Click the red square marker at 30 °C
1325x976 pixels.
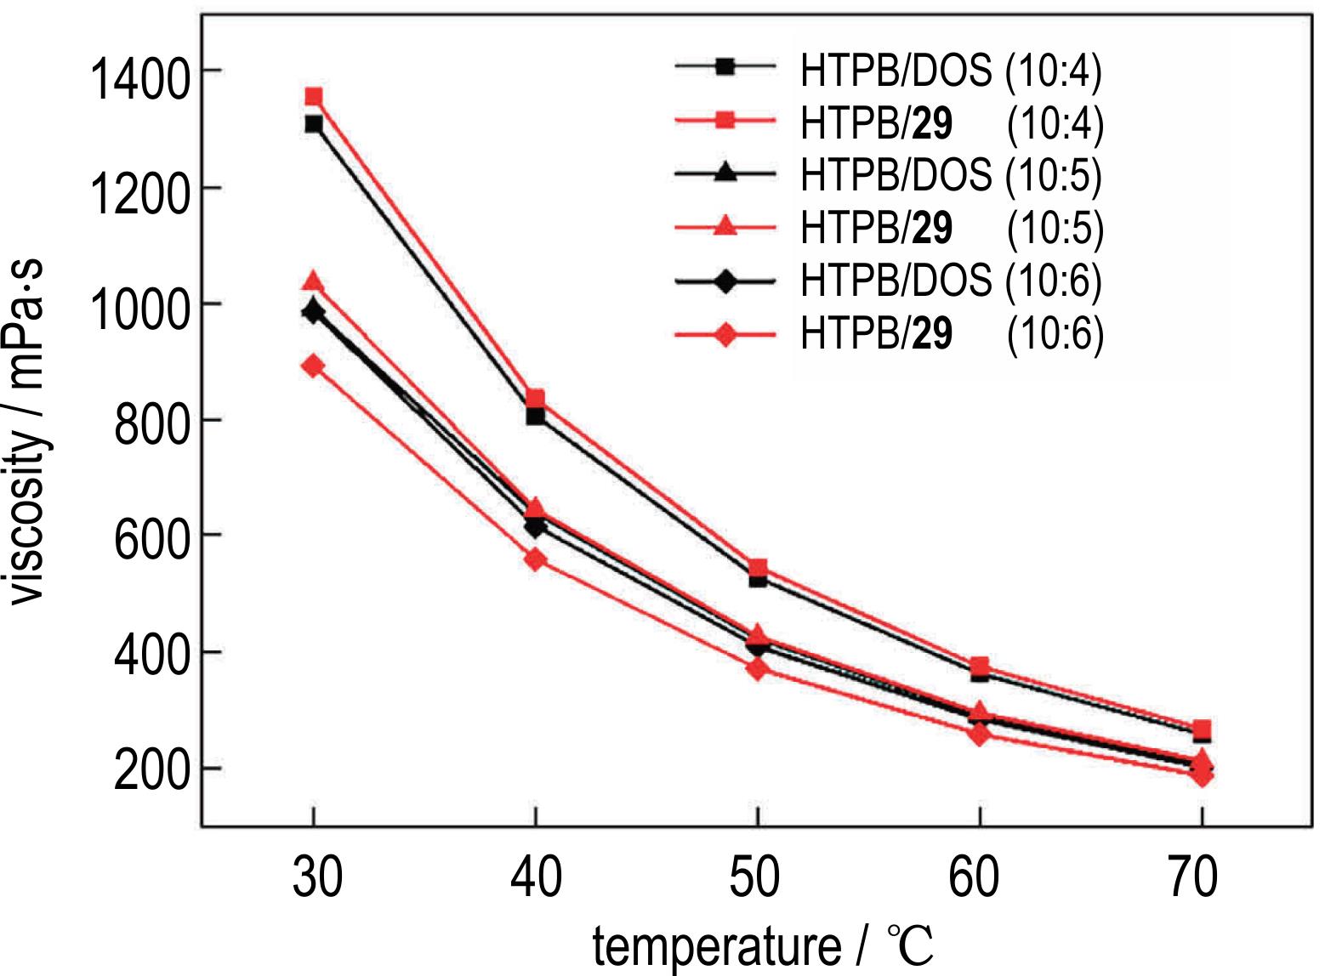314,96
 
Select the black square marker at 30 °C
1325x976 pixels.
314,124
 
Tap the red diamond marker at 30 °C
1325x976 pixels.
314,366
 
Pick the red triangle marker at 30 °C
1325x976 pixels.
314,282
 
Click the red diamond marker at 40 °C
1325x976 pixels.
535,559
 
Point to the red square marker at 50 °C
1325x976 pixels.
758,567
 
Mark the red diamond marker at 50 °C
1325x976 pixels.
758,668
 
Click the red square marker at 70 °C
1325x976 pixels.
1202,729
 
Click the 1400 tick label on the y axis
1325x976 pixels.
139,81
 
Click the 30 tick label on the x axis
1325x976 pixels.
316,877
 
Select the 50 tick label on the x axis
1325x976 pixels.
755,877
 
